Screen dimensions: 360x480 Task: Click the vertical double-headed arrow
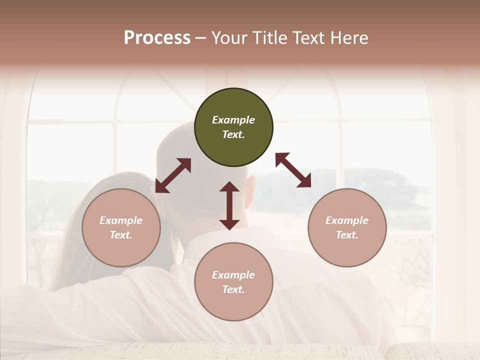point(229,205)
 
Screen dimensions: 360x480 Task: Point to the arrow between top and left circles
point(173,175)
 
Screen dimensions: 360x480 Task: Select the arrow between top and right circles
point(293,170)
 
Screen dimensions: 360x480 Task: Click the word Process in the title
point(157,38)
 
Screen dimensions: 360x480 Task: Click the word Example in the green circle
point(233,120)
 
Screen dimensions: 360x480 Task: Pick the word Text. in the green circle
point(233,134)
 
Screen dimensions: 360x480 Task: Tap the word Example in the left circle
point(121,220)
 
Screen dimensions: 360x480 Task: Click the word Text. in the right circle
point(347,235)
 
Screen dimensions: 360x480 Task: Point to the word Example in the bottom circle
point(233,275)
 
